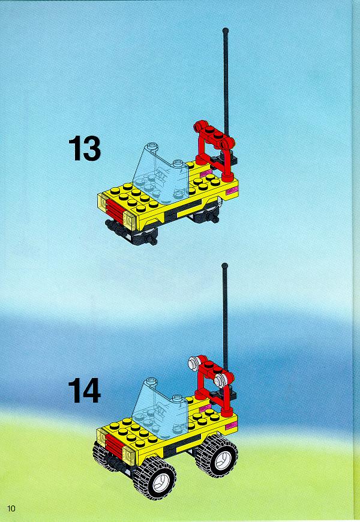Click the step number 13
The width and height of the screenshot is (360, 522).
click(x=85, y=148)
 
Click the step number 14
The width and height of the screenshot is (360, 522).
click(x=85, y=390)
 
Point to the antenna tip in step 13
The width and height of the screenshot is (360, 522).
click(x=225, y=30)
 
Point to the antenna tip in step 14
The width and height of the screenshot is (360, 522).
click(x=225, y=266)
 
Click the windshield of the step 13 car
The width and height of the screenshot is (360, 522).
click(x=161, y=174)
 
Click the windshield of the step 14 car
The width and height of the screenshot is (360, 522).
click(x=160, y=408)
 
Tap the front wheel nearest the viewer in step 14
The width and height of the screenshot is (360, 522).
click(x=155, y=478)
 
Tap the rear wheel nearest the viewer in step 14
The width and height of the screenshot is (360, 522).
click(x=217, y=456)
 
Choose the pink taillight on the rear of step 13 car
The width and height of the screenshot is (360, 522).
click(x=231, y=191)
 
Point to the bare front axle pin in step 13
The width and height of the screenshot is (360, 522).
click(x=153, y=241)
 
